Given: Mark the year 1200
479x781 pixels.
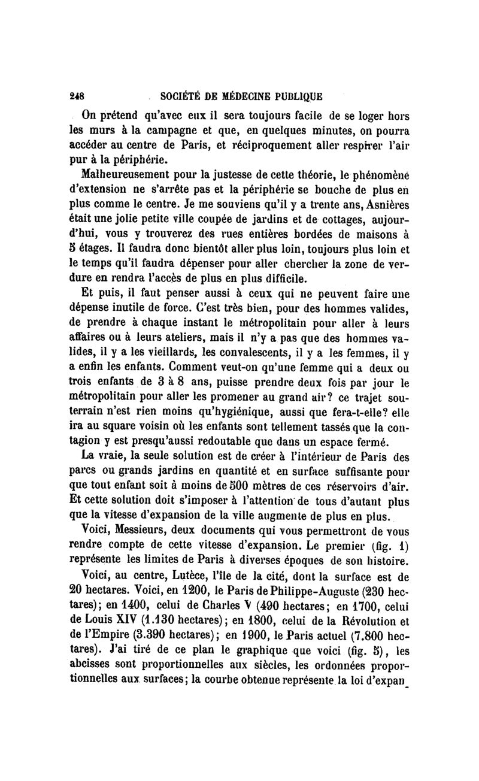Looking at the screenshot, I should pyautogui.click(x=162, y=593).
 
